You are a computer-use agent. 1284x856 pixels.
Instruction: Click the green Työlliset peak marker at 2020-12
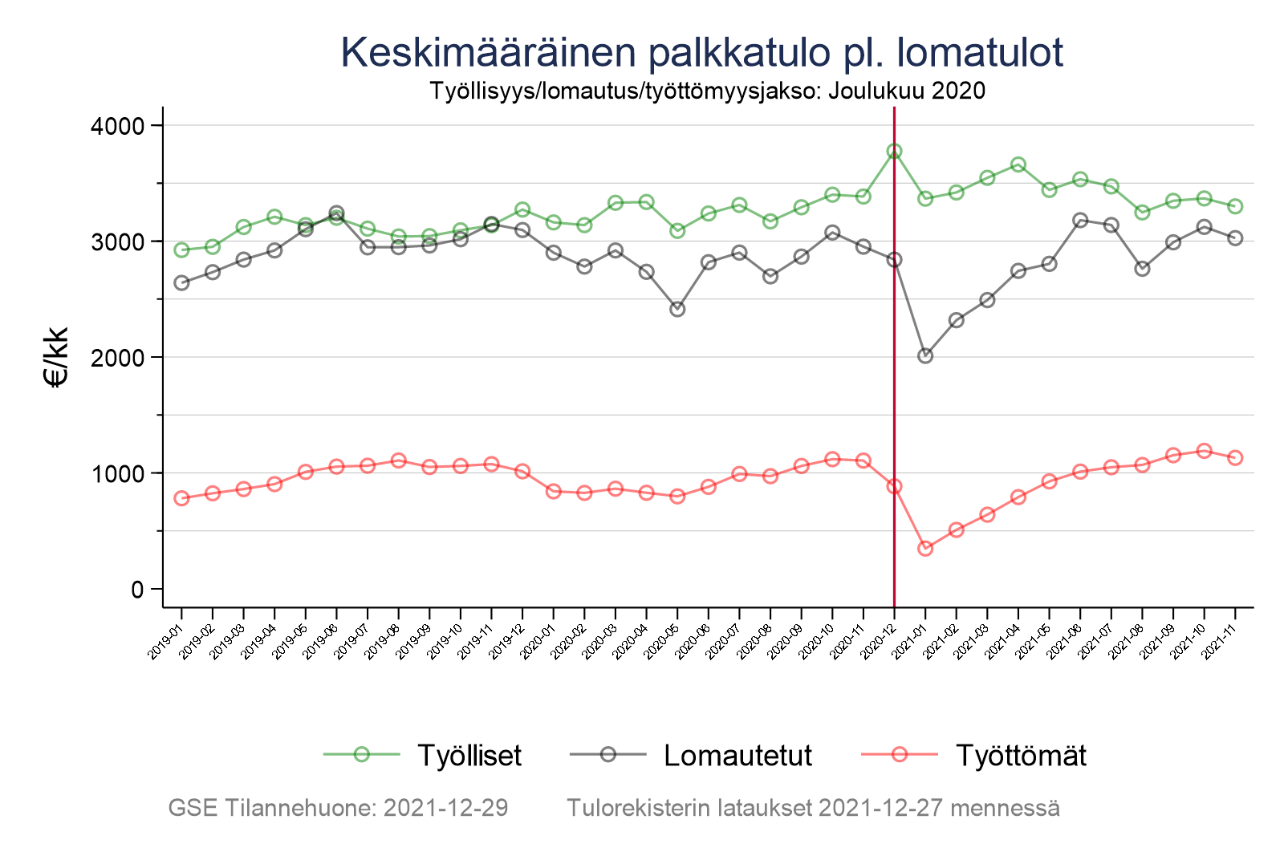(894, 151)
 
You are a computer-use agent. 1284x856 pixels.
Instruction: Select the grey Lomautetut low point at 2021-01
(925, 355)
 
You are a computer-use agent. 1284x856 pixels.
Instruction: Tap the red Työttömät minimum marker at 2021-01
(925, 549)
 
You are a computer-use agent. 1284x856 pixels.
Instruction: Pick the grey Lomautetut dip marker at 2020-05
(677, 309)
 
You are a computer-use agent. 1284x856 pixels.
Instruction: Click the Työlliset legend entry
(469, 756)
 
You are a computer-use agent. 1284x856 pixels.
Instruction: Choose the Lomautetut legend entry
(737, 756)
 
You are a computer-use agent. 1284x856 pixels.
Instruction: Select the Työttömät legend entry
(1020, 756)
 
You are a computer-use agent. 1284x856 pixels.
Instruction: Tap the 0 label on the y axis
(136, 590)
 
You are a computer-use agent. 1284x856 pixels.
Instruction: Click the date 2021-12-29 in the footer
(445, 808)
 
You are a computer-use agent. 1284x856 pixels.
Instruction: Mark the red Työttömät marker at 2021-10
(1204, 451)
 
